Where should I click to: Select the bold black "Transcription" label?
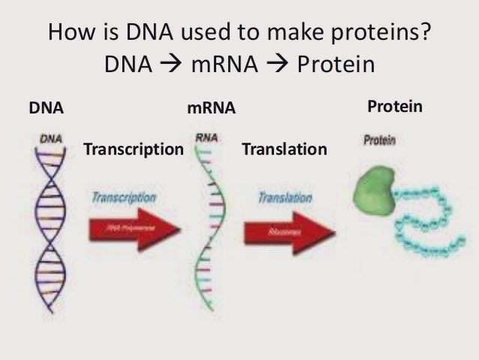pos(134,150)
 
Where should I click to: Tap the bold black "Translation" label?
pos(285,150)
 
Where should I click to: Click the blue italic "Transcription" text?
pos(125,198)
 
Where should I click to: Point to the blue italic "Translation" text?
pos(285,198)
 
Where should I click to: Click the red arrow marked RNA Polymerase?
pos(133,227)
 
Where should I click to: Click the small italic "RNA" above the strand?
pos(206,138)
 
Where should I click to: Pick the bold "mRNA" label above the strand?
pos(211,109)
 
